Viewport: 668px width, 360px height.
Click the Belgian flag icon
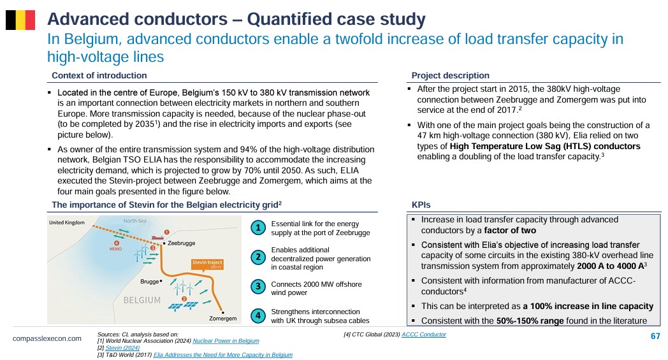(x=20, y=20)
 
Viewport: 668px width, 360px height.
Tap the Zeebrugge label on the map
(x=181, y=243)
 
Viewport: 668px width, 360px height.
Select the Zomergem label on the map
(x=222, y=319)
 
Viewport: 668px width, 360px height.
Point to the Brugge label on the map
(x=150, y=282)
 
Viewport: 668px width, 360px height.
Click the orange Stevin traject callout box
(x=207, y=264)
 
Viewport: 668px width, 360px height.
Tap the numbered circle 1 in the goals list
(x=258, y=228)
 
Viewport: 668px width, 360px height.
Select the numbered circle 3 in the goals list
(x=258, y=287)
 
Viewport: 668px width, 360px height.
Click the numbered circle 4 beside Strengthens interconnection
(x=258, y=315)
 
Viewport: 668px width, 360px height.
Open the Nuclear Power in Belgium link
(x=226, y=341)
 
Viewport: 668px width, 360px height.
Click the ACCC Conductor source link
(x=424, y=335)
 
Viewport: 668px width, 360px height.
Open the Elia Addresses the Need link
(x=223, y=355)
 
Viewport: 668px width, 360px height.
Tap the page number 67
(x=655, y=336)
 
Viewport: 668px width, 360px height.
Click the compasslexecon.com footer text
(x=47, y=338)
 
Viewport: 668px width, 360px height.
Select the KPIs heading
(x=421, y=205)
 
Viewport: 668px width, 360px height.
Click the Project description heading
(x=450, y=75)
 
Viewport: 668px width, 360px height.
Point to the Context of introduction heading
(x=99, y=75)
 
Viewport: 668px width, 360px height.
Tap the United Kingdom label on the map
(x=67, y=222)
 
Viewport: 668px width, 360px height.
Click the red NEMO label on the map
(x=115, y=248)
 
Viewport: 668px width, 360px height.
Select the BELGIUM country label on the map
(x=142, y=300)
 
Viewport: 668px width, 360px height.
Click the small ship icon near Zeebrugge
(x=157, y=237)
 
